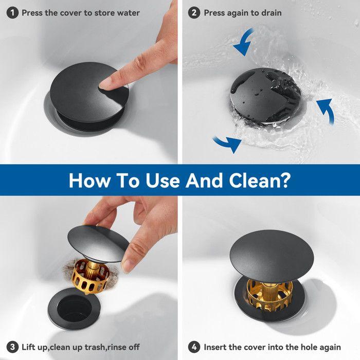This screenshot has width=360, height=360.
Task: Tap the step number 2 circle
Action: coord(194,12)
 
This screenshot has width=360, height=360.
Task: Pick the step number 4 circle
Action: coord(194,347)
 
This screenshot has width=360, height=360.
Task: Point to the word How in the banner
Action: coord(88,180)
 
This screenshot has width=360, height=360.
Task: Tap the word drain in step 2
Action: coord(271,12)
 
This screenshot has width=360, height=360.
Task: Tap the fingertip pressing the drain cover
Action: coord(106,82)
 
